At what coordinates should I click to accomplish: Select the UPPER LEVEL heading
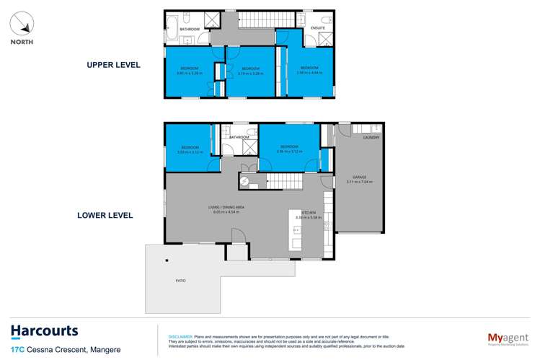click(113, 65)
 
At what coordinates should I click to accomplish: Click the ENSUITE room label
click(317, 28)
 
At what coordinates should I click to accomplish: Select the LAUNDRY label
click(371, 136)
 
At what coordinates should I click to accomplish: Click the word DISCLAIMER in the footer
click(180, 337)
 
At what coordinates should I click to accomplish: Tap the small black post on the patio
click(166, 260)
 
